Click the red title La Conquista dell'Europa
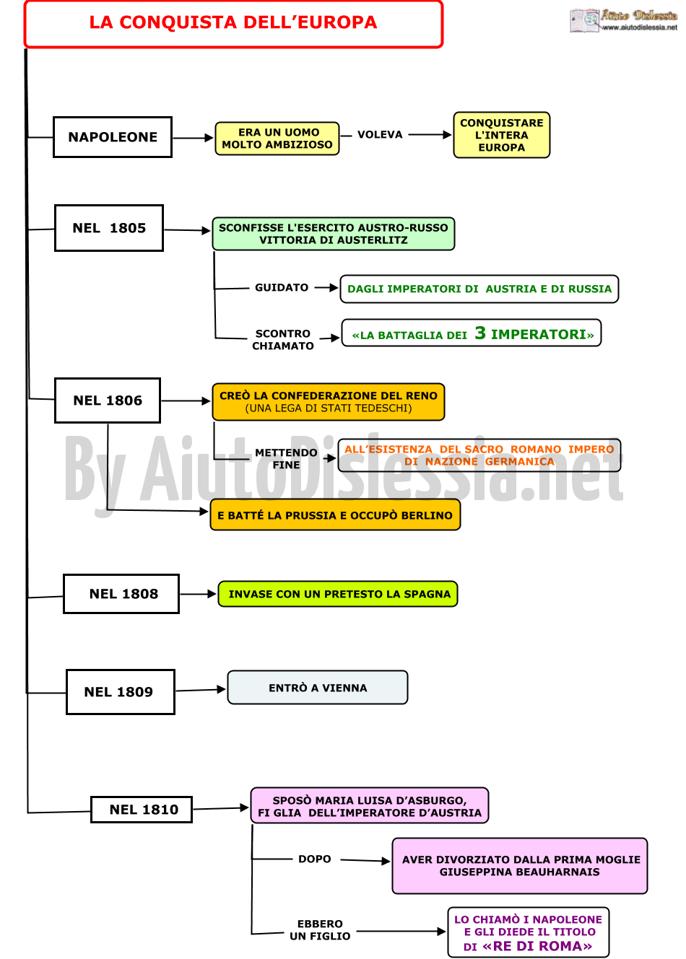click(233, 22)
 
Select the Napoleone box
click(113, 137)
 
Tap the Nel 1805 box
click(109, 228)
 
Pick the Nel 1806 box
click(108, 400)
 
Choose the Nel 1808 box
click(121, 594)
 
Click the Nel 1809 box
click(121, 692)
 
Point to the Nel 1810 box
click(142, 810)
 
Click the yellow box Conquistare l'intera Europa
click(502, 135)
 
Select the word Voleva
click(380, 135)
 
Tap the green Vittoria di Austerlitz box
click(334, 234)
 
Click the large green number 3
click(480, 333)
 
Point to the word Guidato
click(282, 287)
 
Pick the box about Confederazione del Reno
click(329, 402)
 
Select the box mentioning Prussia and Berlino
click(336, 515)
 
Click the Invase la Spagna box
click(338, 595)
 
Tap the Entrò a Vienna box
click(318, 688)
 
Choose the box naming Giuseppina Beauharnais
click(520, 866)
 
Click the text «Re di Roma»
click(537, 946)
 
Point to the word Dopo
click(315, 859)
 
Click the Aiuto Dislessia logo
click(623, 20)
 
